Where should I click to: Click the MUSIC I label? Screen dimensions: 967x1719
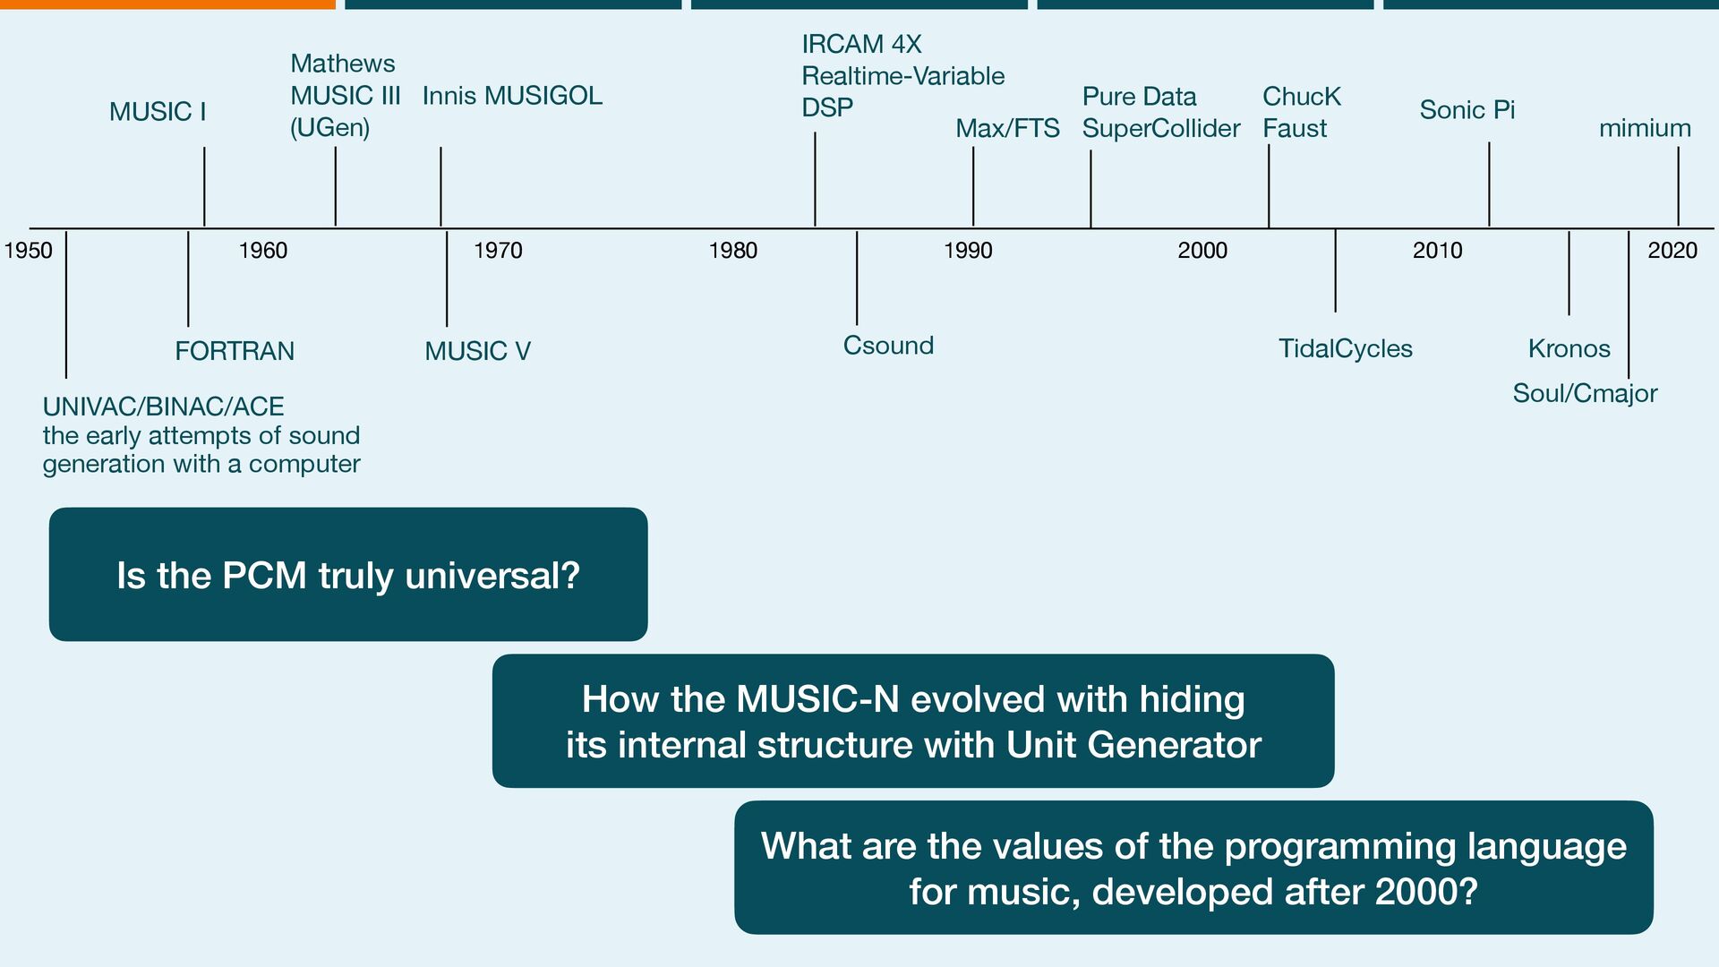coord(158,112)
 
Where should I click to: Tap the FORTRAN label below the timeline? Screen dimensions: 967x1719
coord(235,351)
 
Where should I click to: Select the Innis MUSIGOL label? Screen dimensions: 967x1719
coord(512,96)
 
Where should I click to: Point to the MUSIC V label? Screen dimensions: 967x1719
coord(477,351)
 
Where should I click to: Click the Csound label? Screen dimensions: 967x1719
coord(888,346)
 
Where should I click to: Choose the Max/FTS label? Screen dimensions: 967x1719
coord(1007,129)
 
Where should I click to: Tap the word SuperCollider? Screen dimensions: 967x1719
coord(1160,129)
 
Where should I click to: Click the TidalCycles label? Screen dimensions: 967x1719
coord(1345,348)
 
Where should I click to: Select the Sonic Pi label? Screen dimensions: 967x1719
coord(1467,110)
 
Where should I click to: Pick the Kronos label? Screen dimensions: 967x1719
coord(1569,348)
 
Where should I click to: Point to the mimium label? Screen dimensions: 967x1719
coord(1645,129)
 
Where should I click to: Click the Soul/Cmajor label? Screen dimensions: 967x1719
coord(1585,393)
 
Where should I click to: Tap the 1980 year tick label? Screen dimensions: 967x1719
coord(732,251)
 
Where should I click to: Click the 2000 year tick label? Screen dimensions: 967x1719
coord(1202,251)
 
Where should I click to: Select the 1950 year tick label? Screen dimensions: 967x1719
coord(29,251)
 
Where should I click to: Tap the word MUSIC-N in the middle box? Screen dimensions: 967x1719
coord(817,699)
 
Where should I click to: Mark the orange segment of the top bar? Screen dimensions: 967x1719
coord(167,4)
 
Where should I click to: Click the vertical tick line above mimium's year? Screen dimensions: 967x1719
coord(1678,186)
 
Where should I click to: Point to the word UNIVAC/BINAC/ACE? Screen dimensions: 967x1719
coord(163,406)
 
